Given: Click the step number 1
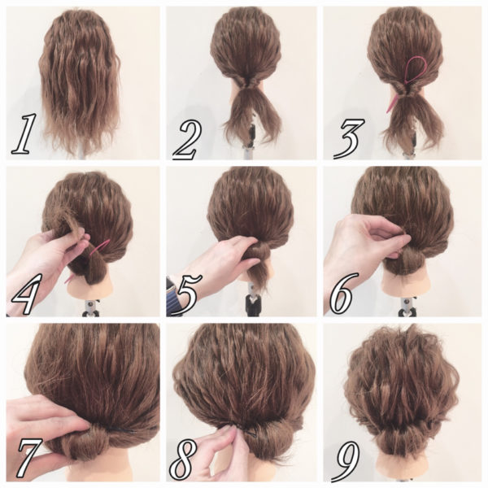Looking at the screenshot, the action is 23,134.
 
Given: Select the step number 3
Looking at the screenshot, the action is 347,137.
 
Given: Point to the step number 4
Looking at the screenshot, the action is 25,294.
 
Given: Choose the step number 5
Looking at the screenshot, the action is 190,294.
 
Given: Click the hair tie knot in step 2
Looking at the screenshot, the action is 246,84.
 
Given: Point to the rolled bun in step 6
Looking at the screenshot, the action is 410,260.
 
